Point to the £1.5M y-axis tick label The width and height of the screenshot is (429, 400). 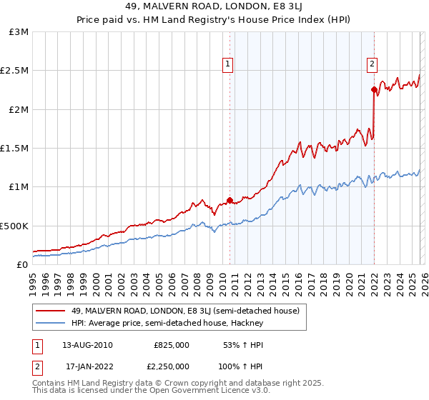pos(15,148)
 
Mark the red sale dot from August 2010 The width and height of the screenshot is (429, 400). pos(230,201)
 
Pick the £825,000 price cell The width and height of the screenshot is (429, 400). pos(171,345)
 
